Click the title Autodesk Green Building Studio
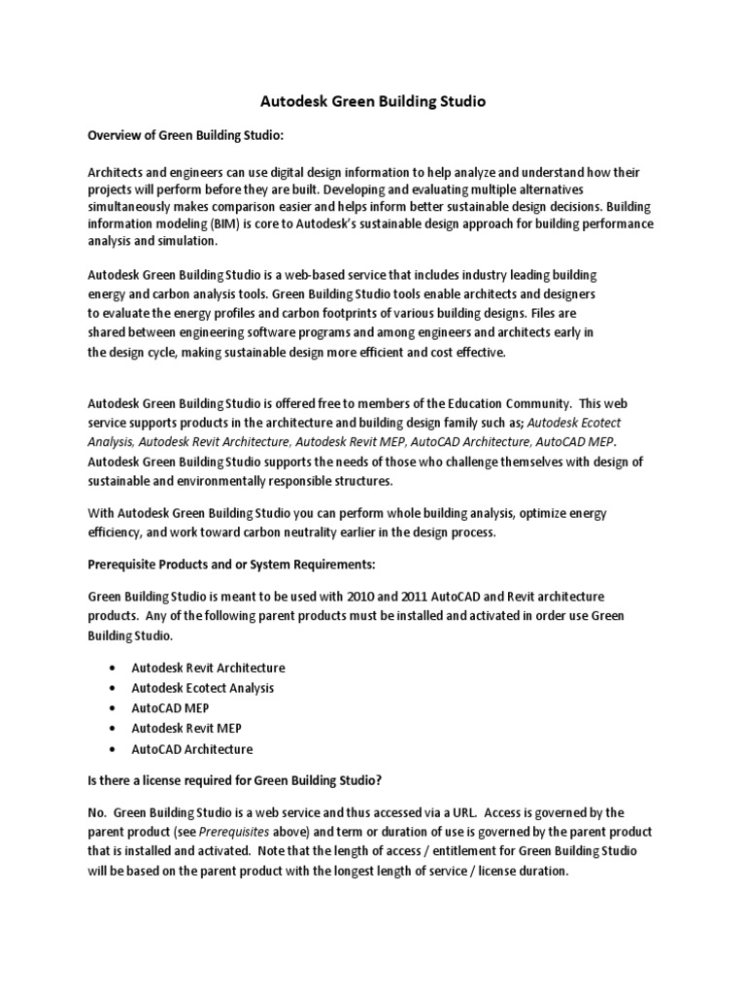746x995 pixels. coord(372,100)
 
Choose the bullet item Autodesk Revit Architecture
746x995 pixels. coord(208,668)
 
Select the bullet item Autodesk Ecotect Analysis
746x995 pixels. coord(202,688)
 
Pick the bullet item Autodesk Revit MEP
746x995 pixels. coord(186,729)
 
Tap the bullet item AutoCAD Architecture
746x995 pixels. coord(191,749)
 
